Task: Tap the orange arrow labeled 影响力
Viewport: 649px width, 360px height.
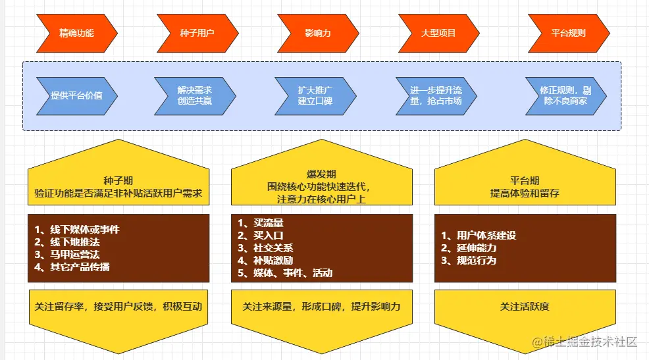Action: [317, 32]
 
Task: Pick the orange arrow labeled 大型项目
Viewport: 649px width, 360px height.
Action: [438, 32]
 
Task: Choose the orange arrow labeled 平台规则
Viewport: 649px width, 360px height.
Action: [568, 32]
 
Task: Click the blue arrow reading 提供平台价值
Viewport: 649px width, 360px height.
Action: [77, 95]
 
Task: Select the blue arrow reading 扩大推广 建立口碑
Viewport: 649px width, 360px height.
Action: [315, 95]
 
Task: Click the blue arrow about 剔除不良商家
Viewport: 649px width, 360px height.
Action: [565, 95]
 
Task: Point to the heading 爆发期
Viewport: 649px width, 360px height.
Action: [321, 174]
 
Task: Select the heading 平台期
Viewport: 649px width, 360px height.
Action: [525, 180]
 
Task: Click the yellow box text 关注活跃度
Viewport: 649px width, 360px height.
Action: [525, 306]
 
